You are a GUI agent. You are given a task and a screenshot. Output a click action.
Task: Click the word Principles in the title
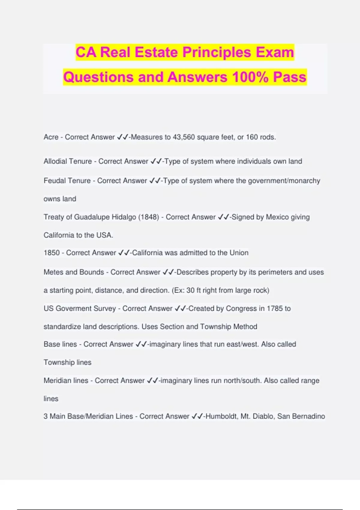click(x=217, y=52)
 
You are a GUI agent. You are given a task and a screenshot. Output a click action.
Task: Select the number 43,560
click(x=184, y=137)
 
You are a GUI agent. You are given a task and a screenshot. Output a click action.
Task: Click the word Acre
click(x=51, y=137)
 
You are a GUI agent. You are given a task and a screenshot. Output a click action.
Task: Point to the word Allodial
click(x=56, y=161)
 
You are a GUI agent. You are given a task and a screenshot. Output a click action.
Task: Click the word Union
click(x=239, y=253)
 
